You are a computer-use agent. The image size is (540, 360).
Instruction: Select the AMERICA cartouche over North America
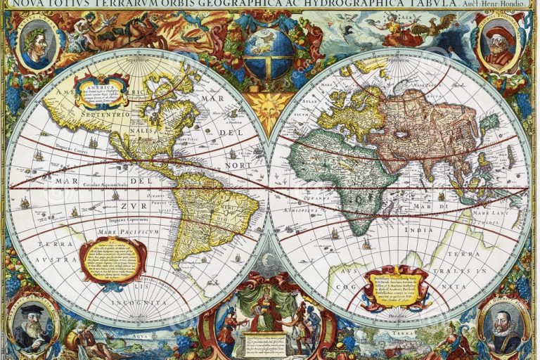pos(105,91)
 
